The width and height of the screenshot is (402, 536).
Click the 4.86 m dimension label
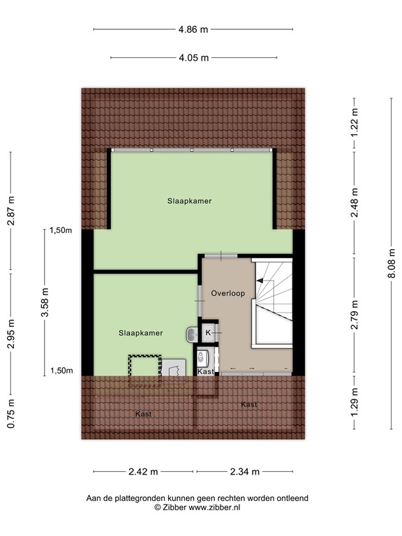click(193, 29)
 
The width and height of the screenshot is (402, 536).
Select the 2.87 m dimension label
click(10, 210)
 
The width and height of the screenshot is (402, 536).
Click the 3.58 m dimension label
click(47, 304)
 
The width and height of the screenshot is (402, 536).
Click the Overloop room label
click(228, 293)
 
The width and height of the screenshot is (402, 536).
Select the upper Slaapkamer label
click(189, 201)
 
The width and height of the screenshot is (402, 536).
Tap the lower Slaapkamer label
click(140, 333)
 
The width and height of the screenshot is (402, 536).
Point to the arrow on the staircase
click(265, 281)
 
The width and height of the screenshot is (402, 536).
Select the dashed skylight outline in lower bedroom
click(144, 367)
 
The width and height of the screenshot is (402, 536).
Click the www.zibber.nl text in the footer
click(209, 508)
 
